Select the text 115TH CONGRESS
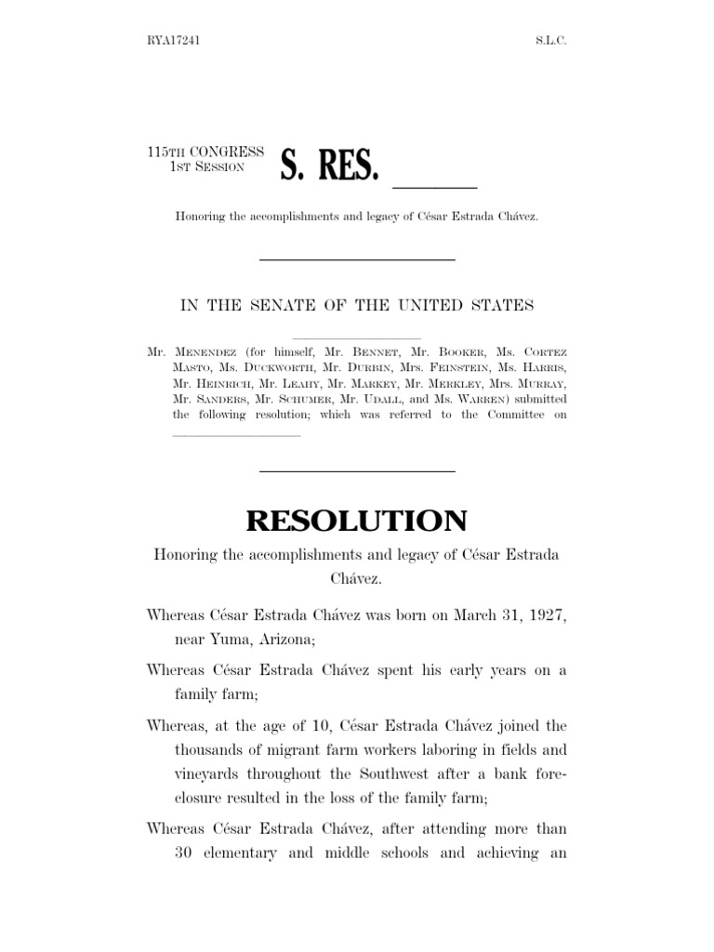tap(205, 152)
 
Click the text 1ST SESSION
tap(206, 166)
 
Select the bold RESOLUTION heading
tap(356, 520)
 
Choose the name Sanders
tap(219, 399)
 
